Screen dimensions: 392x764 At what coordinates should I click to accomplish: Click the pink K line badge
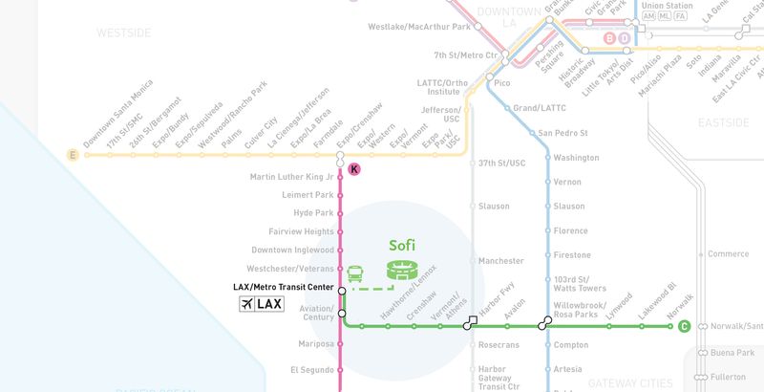click(x=354, y=169)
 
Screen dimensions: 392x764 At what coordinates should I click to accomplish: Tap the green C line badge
click(x=684, y=327)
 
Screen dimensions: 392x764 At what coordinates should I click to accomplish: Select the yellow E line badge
click(x=71, y=154)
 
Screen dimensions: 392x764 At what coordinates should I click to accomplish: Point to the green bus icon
click(x=355, y=273)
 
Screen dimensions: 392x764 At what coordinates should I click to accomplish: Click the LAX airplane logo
click(x=261, y=304)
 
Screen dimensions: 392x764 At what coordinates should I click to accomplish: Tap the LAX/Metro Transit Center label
click(x=284, y=287)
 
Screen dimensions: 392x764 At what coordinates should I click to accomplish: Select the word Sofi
click(x=402, y=245)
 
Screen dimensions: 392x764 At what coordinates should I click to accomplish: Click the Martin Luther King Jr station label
click(x=291, y=177)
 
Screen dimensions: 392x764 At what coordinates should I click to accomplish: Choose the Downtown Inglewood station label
click(x=292, y=250)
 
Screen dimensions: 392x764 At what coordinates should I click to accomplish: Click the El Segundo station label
click(x=311, y=369)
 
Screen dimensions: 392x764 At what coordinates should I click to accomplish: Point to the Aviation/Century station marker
click(x=341, y=313)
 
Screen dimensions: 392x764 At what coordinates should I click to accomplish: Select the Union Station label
click(x=667, y=6)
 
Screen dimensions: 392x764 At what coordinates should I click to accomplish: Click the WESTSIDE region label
click(x=123, y=33)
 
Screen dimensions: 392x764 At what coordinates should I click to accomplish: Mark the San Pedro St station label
click(x=563, y=133)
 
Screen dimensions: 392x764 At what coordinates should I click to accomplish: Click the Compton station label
click(x=571, y=344)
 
